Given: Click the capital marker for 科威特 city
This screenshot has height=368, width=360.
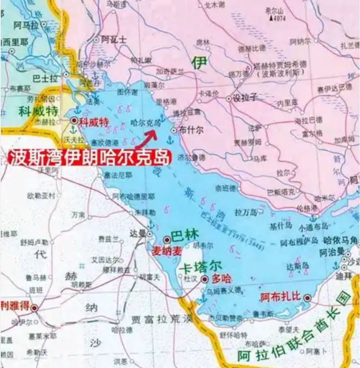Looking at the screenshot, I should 74,120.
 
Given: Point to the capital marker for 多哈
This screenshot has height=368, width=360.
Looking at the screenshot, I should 205,279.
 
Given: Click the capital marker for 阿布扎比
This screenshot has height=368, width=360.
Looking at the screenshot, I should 307,298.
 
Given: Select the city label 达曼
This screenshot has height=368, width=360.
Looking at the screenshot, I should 137,232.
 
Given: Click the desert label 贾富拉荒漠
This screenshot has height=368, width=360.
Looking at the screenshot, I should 161,319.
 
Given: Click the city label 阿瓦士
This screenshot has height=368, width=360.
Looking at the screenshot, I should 114,39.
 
